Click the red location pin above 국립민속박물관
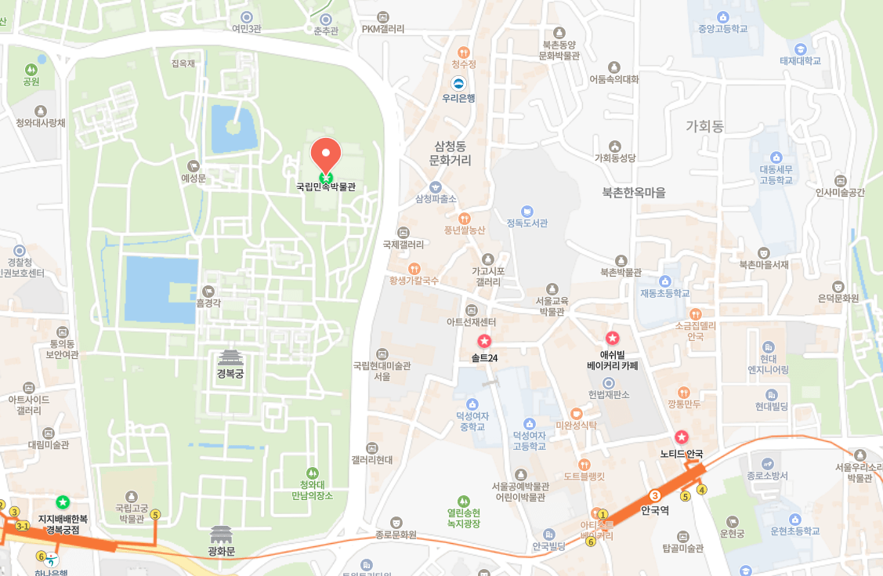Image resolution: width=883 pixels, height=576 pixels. (326, 154)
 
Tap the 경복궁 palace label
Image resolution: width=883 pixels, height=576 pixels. (230, 374)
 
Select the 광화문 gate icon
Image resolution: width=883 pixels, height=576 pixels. (222, 535)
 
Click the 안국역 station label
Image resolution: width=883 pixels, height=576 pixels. (656, 510)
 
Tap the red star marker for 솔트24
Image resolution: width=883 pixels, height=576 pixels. (484, 342)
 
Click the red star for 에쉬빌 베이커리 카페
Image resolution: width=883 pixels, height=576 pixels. (613, 339)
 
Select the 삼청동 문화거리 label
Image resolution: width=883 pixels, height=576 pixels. (450, 153)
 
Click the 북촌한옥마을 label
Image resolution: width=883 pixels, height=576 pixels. (633, 193)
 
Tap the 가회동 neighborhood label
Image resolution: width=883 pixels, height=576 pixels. (704, 126)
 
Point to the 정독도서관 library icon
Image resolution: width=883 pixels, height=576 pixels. (527, 211)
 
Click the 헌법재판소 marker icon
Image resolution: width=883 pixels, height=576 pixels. (609, 382)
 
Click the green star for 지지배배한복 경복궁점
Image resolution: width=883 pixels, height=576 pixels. (63, 502)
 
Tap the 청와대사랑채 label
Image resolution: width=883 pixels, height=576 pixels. (41, 123)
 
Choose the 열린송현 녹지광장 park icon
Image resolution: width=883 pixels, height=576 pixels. (463, 501)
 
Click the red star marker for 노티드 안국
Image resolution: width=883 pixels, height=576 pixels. (682, 437)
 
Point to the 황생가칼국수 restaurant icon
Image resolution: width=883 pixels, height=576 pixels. (414, 268)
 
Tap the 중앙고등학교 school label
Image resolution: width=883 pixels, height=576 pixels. (722, 29)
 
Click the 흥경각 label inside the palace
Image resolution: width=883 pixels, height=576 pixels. (208, 302)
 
